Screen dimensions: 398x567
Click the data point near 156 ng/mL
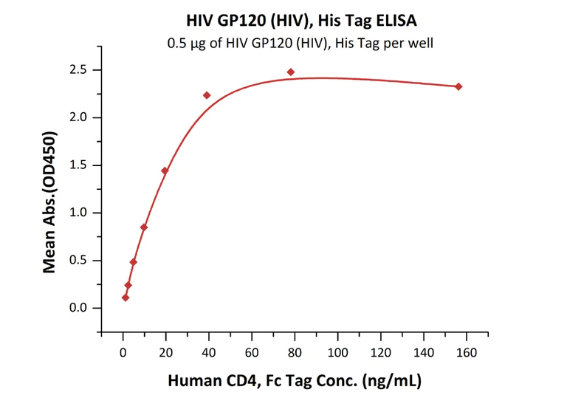point(458,86)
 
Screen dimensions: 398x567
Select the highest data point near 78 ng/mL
point(291,72)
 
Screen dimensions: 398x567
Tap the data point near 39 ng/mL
point(207,95)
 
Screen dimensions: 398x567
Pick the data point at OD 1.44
point(165,171)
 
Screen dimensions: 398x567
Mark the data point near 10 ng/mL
point(144,227)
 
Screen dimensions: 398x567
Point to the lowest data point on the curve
point(126,298)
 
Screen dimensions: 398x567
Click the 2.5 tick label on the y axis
point(79,70)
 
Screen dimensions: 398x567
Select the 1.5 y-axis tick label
point(79,165)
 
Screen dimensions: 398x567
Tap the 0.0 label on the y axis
point(79,308)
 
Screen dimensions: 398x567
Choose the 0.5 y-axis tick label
point(79,261)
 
